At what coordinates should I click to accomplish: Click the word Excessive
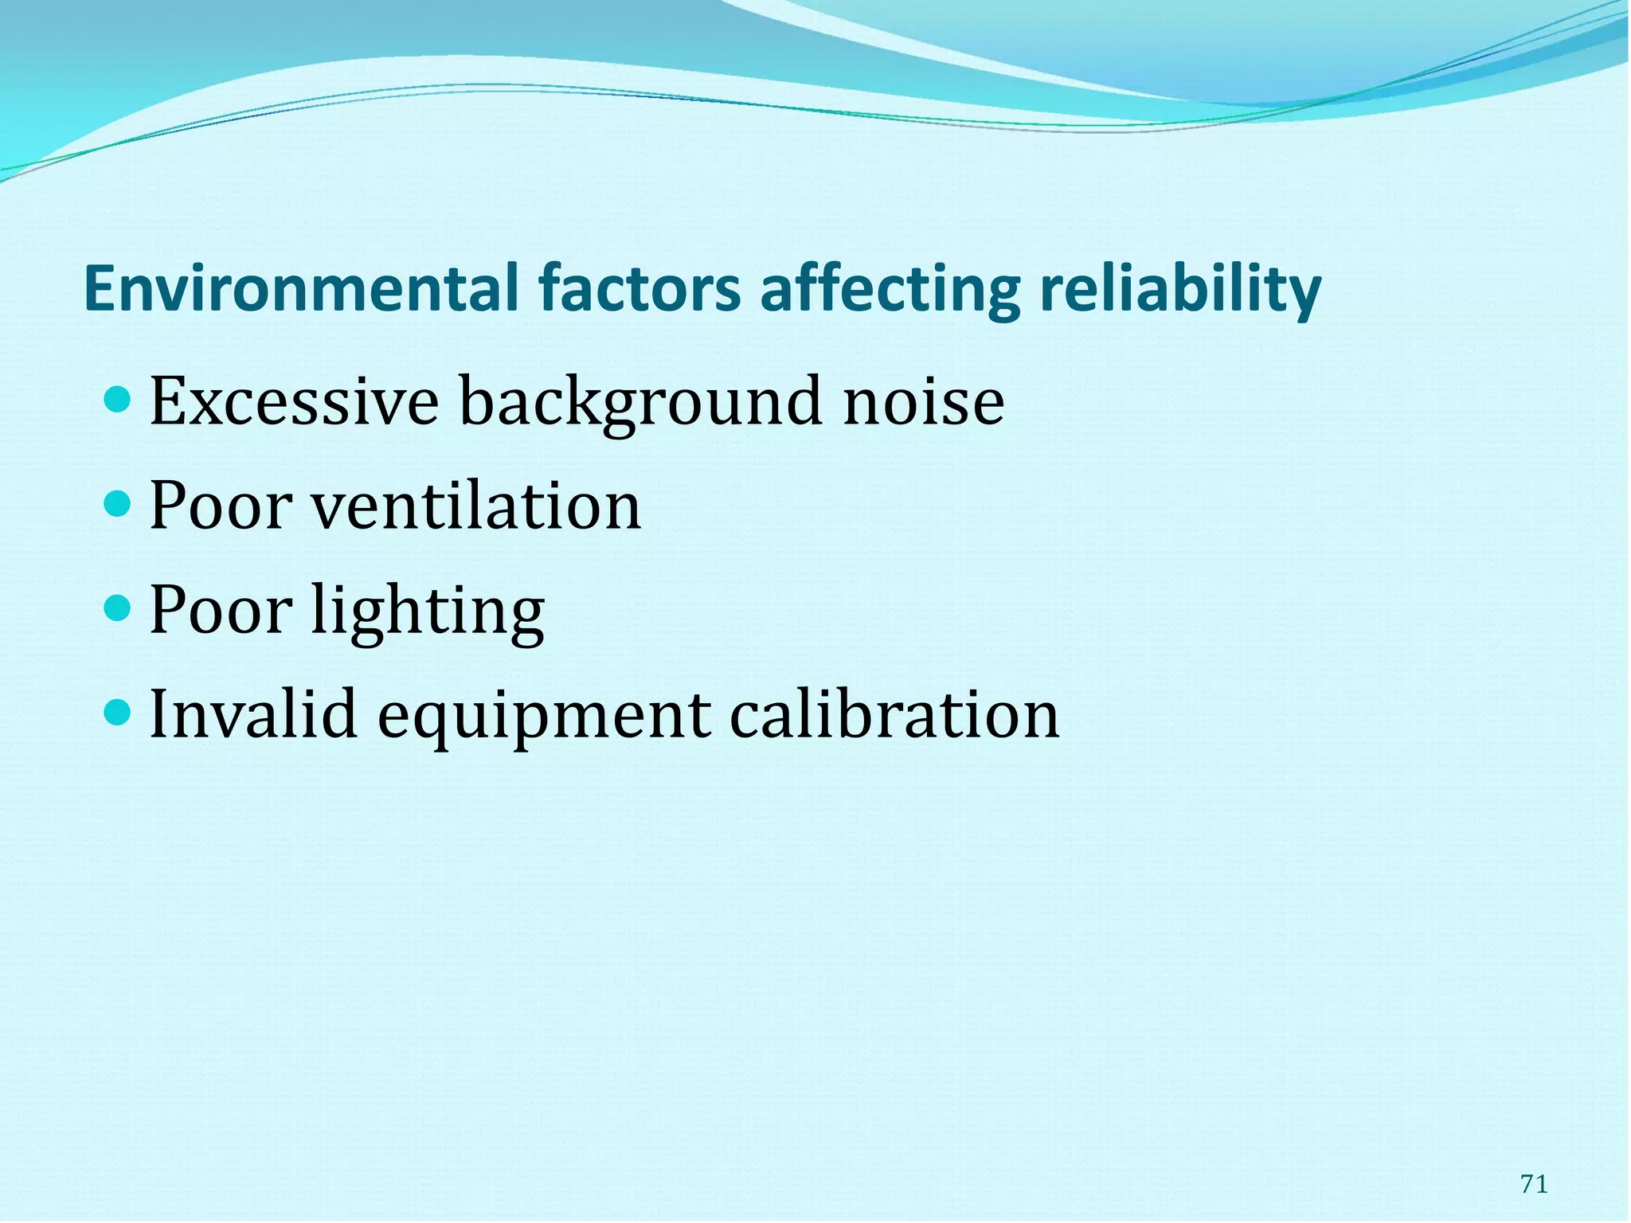click(294, 402)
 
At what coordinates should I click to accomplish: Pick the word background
click(641, 402)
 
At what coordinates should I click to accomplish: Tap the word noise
click(924, 402)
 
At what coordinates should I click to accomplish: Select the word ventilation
click(475, 506)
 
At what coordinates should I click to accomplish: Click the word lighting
click(428, 611)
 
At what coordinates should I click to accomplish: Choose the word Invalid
click(253, 714)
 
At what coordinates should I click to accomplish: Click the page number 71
click(1534, 1184)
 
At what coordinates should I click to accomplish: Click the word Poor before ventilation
click(221, 506)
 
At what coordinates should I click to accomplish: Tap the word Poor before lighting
click(221, 610)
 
